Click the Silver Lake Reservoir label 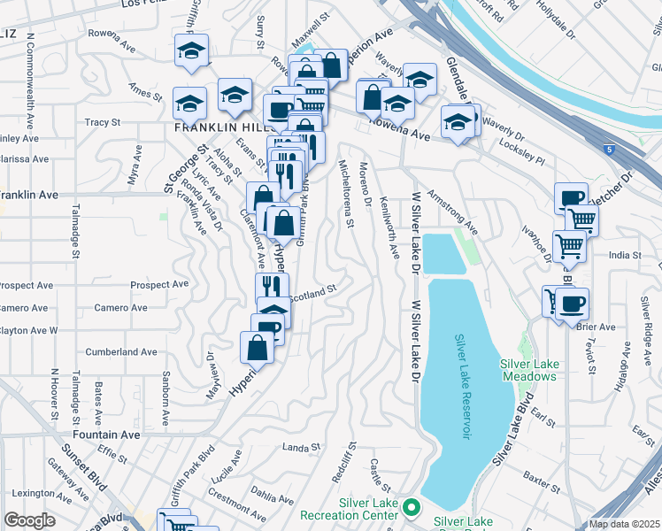(460, 388)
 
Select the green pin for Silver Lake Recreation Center (412, 507)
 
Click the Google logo (30, 520)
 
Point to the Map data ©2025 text (624, 524)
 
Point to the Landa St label (300, 448)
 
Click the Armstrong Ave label (451, 212)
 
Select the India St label (624, 255)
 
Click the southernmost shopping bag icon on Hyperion (257, 346)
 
